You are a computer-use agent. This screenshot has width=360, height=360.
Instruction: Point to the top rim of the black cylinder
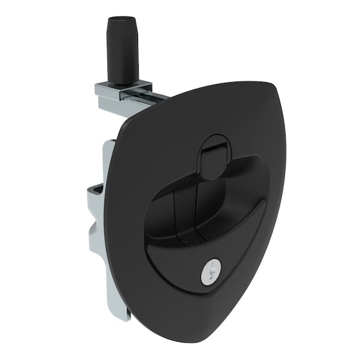[x=123, y=20]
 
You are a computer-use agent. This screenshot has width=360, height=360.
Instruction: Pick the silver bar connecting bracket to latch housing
[x=144, y=98]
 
